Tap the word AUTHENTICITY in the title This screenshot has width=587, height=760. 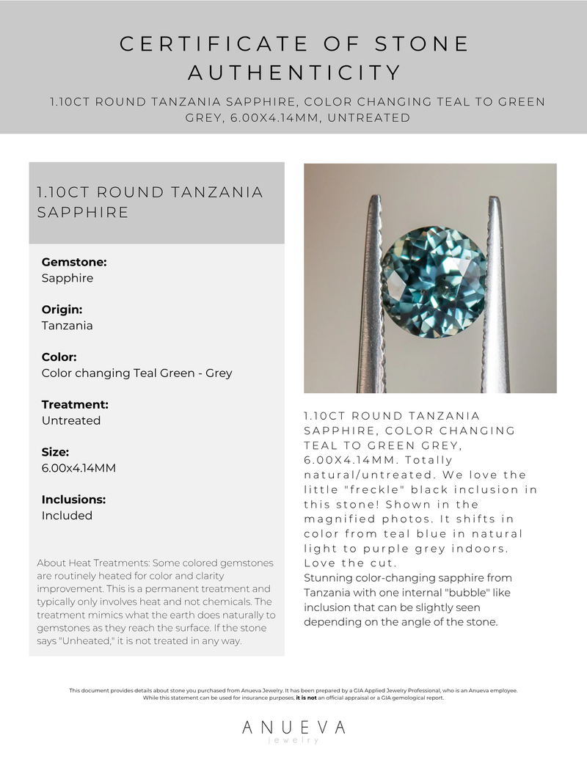click(293, 73)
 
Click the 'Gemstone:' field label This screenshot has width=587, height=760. click(74, 262)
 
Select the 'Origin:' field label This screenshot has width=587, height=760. click(62, 310)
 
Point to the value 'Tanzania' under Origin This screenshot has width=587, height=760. click(67, 326)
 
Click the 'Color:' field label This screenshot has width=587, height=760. click(59, 357)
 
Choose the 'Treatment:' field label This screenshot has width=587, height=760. click(75, 404)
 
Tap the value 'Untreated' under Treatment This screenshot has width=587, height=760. click(71, 420)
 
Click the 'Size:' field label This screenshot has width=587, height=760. click(55, 452)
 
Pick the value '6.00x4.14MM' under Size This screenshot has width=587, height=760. click(79, 468)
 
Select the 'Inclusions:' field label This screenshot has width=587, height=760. click(73, 500)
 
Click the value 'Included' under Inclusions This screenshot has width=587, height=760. click(67, 516)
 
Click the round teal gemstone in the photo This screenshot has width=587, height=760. click(434, 282)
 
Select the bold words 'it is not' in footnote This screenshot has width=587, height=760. click(308, 698)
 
